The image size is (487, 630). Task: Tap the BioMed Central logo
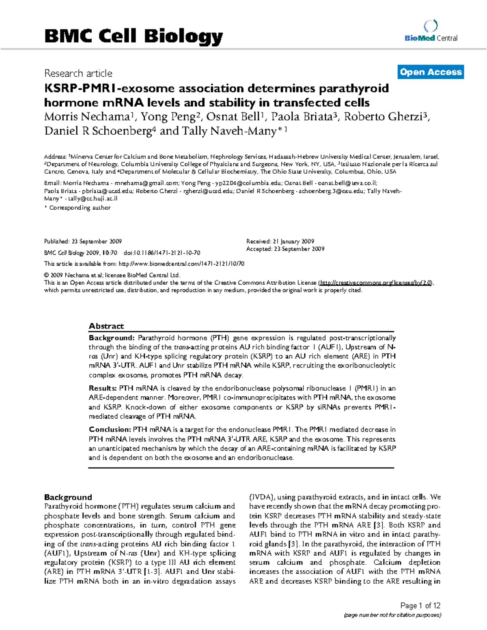(431, 32)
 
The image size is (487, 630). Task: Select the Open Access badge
(431, 72)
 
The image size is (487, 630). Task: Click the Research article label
(78, 73)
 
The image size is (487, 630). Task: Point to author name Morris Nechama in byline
(86, 117)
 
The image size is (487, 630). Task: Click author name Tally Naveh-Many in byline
(238, 131)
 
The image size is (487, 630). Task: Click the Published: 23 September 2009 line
(83, 241)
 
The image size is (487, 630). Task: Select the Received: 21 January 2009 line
(280, 241)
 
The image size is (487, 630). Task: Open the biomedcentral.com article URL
(181, 264)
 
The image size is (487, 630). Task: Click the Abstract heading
(106, 326)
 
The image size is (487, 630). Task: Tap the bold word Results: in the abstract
(103, 388)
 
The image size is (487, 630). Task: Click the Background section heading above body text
(68, 497)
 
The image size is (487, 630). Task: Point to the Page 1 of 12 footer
(420, 606)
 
